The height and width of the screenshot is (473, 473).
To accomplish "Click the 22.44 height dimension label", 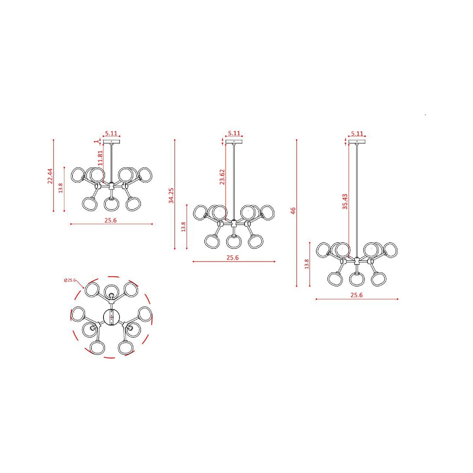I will [x=50, y=176].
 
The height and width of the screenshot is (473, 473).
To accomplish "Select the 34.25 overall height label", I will [x=171, y=195].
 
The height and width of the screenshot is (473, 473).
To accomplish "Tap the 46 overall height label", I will [x=293, y=211].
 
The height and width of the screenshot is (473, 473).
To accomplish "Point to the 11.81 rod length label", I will [x=100, y=158].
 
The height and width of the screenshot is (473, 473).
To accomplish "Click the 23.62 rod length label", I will [x=222, y=177].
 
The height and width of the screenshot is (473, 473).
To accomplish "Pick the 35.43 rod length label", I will [x=345, y=202].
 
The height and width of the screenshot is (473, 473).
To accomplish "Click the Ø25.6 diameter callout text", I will [x=70, y=280].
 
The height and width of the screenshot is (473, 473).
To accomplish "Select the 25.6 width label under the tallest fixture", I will [x=356, y=295].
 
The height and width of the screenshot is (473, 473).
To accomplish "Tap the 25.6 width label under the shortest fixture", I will [x=111, y=220].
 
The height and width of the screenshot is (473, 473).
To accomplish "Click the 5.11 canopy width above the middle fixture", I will [x=234, y=133].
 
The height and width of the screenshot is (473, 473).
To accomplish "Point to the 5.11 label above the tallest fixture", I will [x=357, y=134].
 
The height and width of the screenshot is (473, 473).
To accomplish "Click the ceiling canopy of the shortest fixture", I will [x=111, y=142].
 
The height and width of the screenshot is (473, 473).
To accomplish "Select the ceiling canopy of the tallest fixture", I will [x=357, y=142].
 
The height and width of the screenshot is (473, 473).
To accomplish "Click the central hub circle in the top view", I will [x=112, y=317].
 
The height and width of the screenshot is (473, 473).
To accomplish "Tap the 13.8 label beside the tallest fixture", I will [x=307, y=264].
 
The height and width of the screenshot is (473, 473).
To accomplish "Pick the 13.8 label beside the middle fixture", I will [x=183, y=227].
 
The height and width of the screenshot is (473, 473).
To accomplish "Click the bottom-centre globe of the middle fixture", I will [x=234, y=242].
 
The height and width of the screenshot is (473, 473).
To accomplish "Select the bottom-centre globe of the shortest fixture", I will [x=111, y=204].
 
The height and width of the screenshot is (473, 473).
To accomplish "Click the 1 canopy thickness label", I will [x=96, y=141].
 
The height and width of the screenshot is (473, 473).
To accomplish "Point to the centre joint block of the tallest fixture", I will [x=356, y=261].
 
